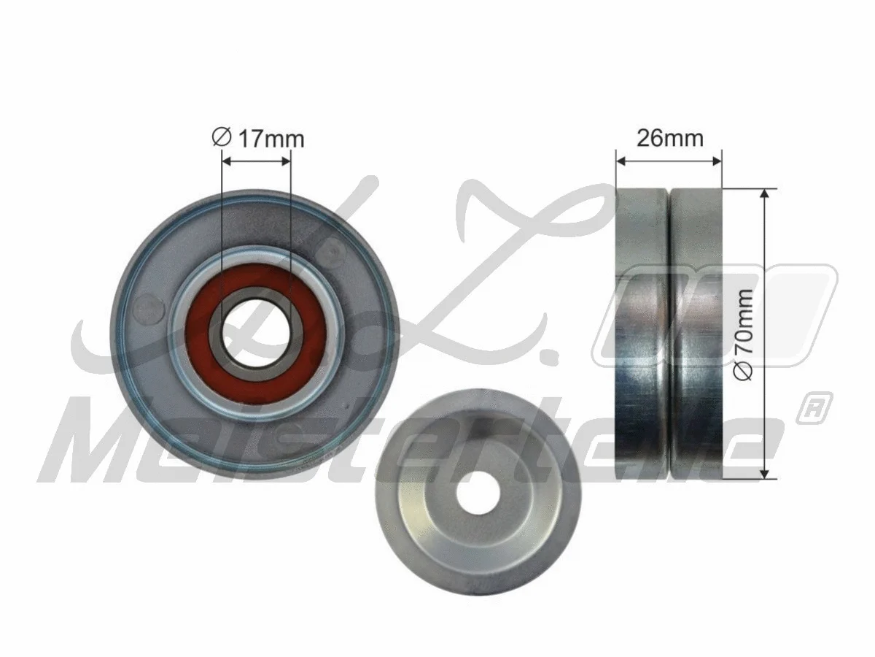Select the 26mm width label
(669, 137)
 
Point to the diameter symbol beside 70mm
(744, 372)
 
